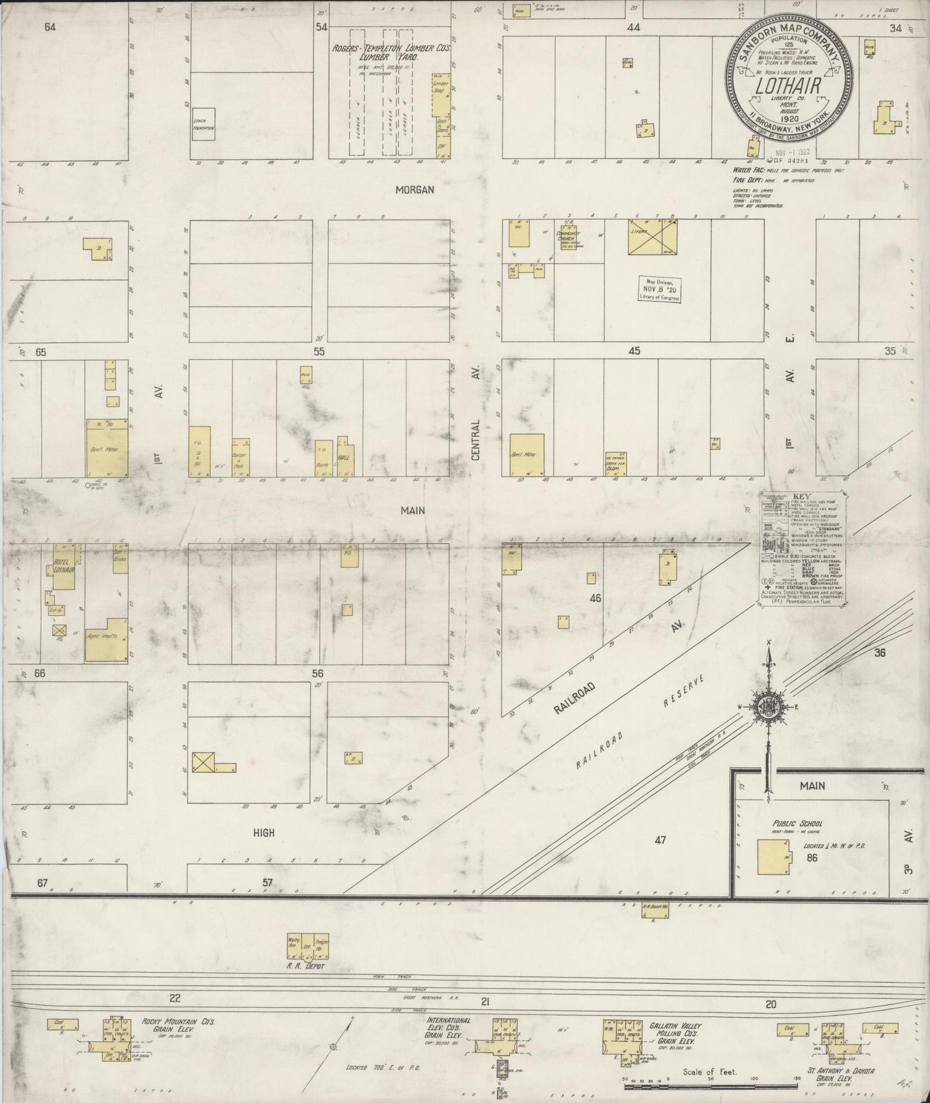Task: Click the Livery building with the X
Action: click(653, 237)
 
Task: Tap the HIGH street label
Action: click(263, 833)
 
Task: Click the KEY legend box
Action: click(801, 548)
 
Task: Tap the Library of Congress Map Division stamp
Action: click(659, 290)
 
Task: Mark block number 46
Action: click(595, 598)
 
